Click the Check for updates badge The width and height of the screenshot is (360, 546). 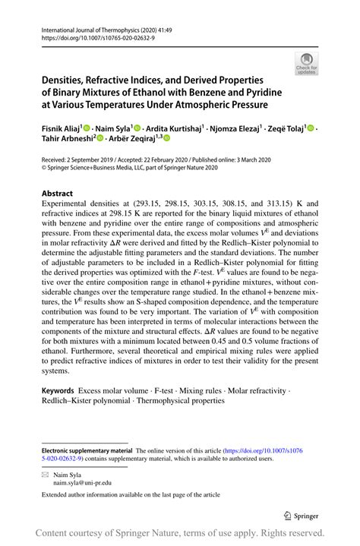(x=308, y=65)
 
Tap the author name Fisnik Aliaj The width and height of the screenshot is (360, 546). (x=61, y=128)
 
